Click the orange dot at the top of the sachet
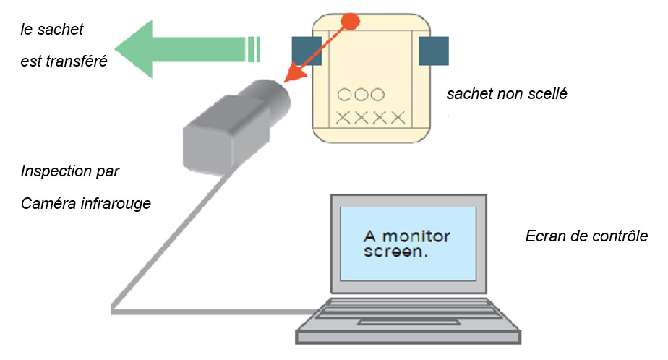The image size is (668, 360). click(x=350, y=21)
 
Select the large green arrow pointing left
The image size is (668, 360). click(x=181, y=48)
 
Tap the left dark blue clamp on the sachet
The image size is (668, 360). click(x=307, y=51)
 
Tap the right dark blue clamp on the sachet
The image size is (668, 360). click(x=434, y=51)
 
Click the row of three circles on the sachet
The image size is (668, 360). click(x=361, y=95)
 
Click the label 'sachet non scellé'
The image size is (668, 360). click(x=506, y=94)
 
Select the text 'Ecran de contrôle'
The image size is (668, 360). click(x=586, y=237)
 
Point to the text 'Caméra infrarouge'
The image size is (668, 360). click(x=86, y=203)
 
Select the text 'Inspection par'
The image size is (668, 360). click(x=70, y=172)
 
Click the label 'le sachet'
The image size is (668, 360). click(x=52, y=30)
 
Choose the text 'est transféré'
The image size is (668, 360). click(x=64, y=61)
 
